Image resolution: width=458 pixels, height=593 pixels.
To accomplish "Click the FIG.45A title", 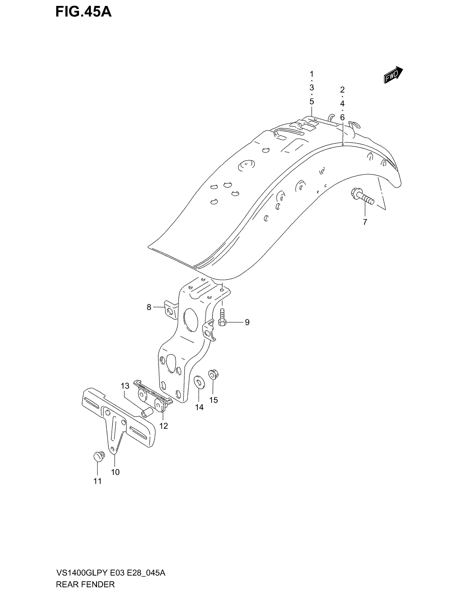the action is pos(83,12).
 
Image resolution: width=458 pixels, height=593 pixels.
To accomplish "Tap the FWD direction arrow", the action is pos(393,74).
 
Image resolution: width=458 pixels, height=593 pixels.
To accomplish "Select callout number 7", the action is pos(365,222).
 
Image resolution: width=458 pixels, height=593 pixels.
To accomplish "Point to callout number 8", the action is pos(149,307).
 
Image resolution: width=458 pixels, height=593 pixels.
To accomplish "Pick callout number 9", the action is pos(247,322).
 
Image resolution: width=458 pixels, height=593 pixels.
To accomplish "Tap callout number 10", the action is pos(115,472).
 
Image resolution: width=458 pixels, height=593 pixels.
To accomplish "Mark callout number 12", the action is pos(164,426).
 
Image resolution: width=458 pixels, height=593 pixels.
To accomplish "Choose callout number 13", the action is pos(125,386).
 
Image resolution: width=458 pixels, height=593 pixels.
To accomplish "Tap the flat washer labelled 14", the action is pos(200,382).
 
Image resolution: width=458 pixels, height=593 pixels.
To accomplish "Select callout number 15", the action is pos(214,400).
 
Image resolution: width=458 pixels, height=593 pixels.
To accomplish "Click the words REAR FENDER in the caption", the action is pos(85,584).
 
